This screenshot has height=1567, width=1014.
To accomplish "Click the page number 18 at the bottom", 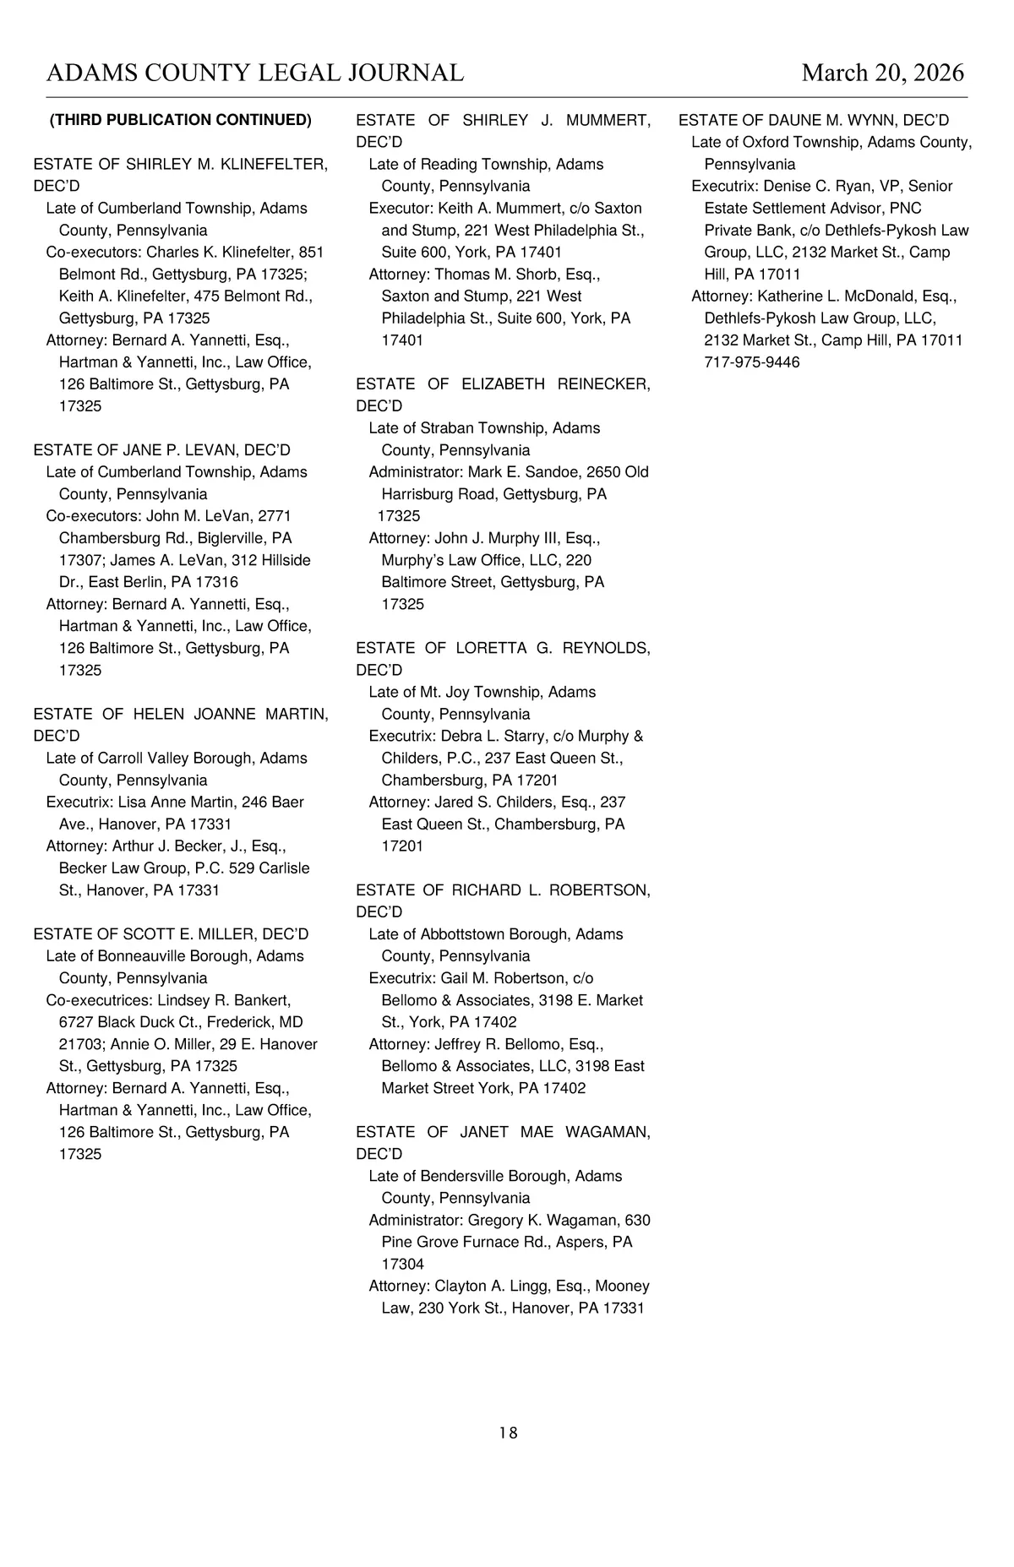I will pos(508,1433).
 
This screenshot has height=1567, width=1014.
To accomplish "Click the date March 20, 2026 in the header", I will pos(882,73).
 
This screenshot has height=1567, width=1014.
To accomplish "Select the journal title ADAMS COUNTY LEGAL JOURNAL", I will pos(255,73).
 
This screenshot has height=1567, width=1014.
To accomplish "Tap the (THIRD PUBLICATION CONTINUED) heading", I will pos(181,120).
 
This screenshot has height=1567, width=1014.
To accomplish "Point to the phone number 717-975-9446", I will pos(751,362).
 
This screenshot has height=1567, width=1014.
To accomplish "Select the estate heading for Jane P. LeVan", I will pos(161,450).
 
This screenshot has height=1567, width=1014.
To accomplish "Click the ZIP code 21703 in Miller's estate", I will pos(80,1044).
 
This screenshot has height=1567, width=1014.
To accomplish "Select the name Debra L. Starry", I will pos(493,736).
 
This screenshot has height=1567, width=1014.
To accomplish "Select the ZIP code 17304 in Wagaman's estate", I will pos(402,1264).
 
